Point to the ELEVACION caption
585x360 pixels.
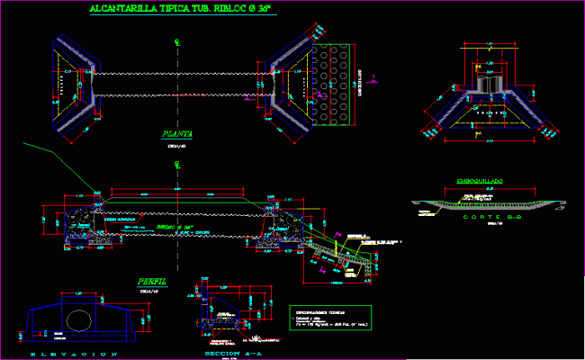point(76,355)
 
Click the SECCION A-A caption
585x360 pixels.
point(220,355)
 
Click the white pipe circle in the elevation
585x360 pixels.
point(81,322)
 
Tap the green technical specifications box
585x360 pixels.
point(329,321)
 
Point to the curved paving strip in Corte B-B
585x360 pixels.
point(486,204)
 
